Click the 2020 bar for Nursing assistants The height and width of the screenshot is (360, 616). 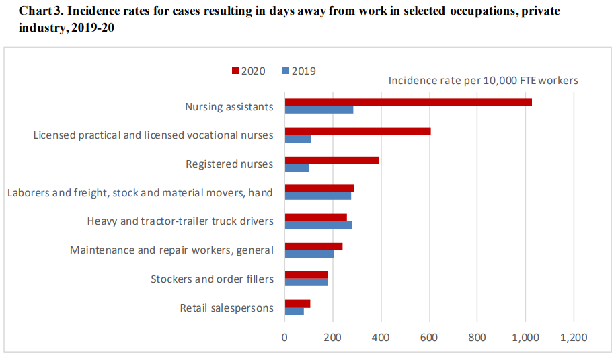pos(408,102)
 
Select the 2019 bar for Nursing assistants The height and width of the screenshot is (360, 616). pos(319,110)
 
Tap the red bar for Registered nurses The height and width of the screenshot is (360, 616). pos(332,160)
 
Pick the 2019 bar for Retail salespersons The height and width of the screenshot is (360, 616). pos(294,312)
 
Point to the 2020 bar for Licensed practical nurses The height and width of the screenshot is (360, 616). pos(357,131)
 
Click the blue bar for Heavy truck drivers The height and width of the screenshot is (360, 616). pos(318,225)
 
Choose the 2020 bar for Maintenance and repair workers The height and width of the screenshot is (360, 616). pos(313,246)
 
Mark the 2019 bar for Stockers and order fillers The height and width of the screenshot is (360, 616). pos(306,283)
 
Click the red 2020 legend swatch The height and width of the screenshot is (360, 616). pos(235,71)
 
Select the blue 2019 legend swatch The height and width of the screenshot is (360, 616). pos(286,71)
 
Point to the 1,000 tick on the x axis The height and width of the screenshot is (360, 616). pos(525,336)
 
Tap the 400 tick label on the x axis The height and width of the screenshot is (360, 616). pos(381,336)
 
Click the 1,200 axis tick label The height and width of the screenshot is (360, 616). pos(573,336)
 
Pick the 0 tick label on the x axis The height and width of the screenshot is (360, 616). pos(284,336)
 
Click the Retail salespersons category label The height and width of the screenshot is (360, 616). pos(227,308)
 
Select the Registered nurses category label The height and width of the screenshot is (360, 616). pos(229,164)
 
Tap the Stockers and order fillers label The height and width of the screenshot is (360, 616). pos(212,279)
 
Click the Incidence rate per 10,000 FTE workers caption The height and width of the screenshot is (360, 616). pos(483,81)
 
